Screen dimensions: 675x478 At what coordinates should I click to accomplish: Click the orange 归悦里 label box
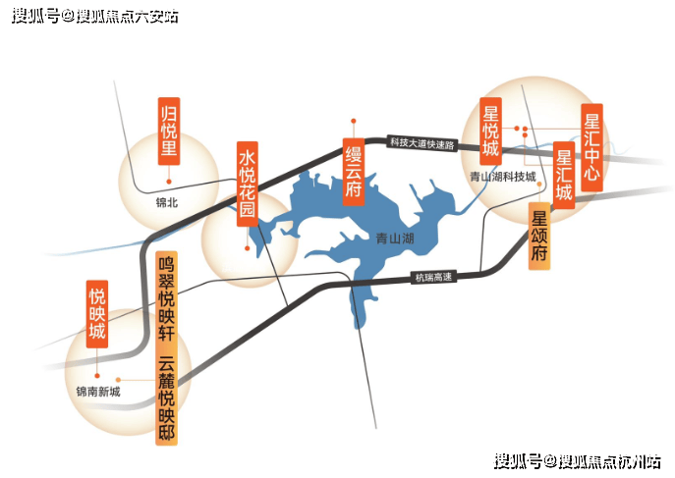(169, 132)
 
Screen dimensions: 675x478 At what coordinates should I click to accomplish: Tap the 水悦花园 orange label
(248, 184)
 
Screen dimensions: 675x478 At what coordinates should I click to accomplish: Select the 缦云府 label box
(354, 172)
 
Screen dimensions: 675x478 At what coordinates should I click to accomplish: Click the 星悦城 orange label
(490, 132)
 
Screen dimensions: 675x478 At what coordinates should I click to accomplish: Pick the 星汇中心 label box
(591, 147)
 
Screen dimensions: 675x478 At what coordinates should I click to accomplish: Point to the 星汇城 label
(564, 176)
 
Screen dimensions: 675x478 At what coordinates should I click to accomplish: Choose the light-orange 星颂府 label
(539, 236)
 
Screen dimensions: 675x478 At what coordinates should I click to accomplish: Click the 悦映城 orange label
(97, 314)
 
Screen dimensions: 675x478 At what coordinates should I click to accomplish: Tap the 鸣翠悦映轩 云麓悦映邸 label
(167, 348)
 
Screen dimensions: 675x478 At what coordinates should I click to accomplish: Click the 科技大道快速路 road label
(422, 143)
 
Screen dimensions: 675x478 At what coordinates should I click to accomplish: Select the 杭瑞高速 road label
(433, 277)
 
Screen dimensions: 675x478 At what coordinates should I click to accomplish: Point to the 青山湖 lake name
(395, 239)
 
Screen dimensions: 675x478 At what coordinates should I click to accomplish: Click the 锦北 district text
(167, 202)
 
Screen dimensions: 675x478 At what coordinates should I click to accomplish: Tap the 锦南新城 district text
(98, 392)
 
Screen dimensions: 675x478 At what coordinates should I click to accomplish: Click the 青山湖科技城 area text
(503, 177)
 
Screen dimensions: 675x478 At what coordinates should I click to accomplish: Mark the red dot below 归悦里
(169, 182)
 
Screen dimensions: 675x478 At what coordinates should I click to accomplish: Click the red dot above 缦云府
(354, 121)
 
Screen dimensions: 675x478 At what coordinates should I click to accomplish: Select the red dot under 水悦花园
(247, 248)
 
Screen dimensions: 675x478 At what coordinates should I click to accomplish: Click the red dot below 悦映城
(97, 376)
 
